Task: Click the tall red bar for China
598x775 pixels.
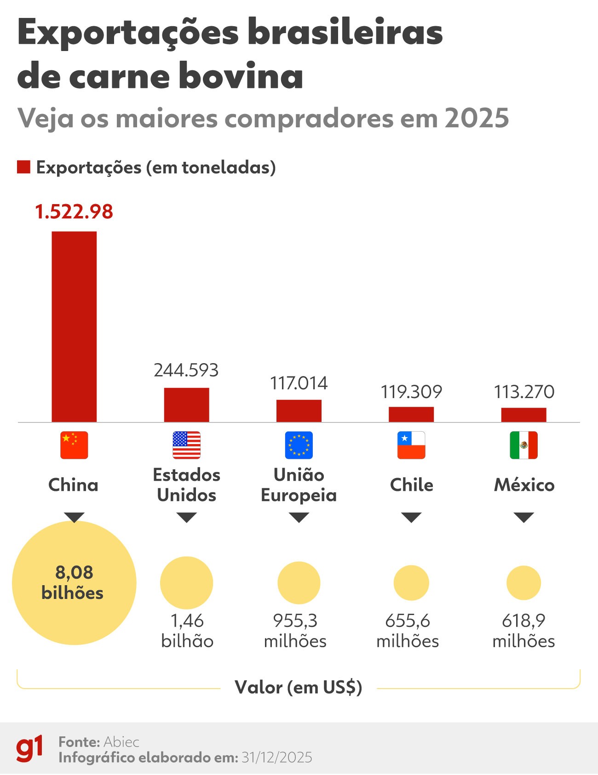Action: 74,326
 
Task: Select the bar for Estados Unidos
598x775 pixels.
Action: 186,405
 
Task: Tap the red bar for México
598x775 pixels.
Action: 523,415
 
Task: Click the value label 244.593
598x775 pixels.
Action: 186,370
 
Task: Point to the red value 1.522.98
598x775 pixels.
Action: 74,212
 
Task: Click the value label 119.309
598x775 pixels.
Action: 411,392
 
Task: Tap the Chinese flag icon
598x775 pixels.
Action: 74,445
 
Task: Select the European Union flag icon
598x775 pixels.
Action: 299,445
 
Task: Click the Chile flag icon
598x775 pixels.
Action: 411,445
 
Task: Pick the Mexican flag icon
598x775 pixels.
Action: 523,445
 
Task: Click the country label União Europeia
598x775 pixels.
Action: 299,485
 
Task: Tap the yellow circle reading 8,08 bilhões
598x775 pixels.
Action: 74,582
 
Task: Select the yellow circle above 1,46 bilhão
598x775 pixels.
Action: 186,582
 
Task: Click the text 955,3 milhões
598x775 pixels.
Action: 295,631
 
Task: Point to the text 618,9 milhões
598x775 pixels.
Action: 523,631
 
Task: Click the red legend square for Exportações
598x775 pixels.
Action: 23,167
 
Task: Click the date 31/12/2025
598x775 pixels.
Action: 276,757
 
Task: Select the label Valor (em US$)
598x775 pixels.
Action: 299,687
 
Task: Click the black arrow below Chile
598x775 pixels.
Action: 411,517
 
